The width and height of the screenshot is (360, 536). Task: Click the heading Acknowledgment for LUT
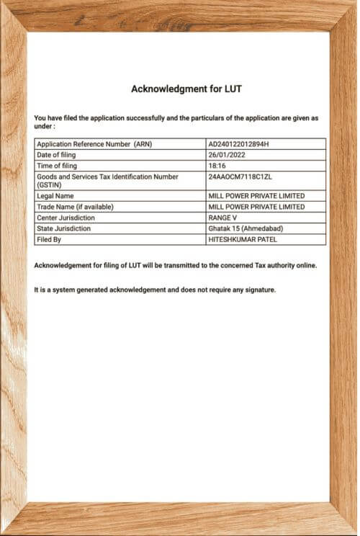186,89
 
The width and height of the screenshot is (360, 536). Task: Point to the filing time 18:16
217,165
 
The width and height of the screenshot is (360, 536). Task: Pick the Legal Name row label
55,196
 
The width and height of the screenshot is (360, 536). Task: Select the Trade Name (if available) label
75,207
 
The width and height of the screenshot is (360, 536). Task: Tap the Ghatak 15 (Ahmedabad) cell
245,228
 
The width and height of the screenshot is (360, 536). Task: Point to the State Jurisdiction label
64,228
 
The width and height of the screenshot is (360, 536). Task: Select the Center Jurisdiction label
66,218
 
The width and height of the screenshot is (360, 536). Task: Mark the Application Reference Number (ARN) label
94,144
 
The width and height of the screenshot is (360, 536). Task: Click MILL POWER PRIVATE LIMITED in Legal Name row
256,196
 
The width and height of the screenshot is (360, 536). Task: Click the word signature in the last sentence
258,290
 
